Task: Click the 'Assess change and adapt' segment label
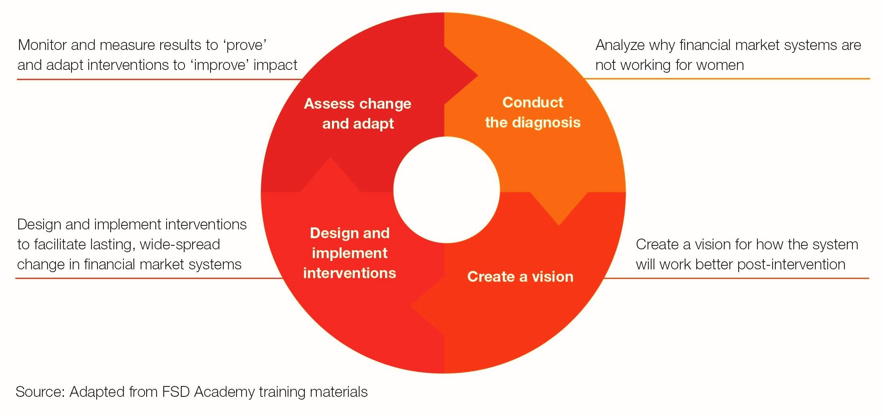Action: (358, 113)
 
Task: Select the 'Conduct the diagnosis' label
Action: (532, 112)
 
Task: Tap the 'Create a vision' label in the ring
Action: (520, 277)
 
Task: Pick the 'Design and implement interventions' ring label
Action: (350, 253)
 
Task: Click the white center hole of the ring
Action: (446, 190)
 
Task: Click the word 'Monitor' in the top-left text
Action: (42, 45)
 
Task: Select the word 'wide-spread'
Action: (180, 245)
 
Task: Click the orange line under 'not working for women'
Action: (727, 79)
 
